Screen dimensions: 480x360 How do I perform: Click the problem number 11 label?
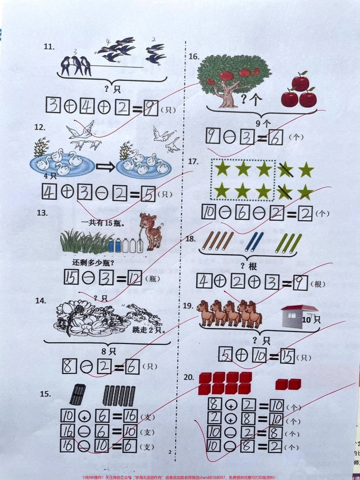coord(49,47)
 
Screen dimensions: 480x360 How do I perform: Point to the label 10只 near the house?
coord(311,320)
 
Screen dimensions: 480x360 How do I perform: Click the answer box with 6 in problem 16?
coord(275,138)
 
